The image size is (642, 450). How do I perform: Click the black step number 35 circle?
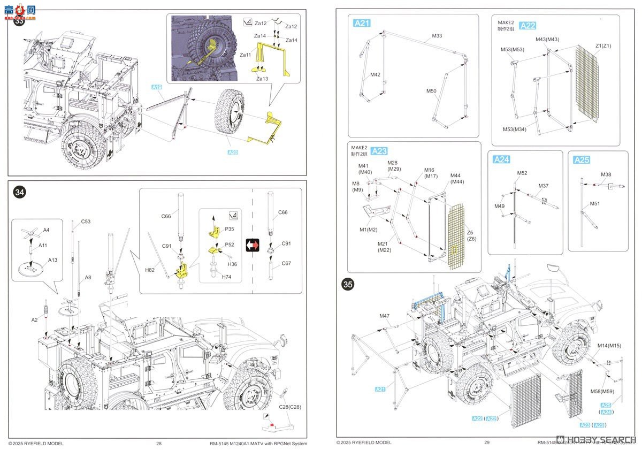click(x=348, y=285)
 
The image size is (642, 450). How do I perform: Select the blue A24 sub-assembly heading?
click(x=502, y=159)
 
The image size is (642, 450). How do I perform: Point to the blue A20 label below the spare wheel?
click(x=232, y=152)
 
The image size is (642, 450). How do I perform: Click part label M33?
click(x=437, y=36)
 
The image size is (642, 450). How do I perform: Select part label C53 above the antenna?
click(x=86, y=222)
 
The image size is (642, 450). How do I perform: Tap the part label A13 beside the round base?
click(x=52, y=260)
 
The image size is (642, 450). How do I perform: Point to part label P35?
click(x=230, y=228)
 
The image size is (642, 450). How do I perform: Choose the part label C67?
click(x=286, y=263)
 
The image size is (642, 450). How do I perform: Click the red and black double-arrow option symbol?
click(x=252, y=245)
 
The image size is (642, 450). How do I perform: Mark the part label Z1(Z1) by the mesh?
click(x=603, y=45)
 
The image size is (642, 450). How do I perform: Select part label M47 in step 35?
click(x=385, y=316)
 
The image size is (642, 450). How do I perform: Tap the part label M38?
click(x=606, y=174)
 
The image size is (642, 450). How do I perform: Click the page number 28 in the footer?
click(x=159, y=443)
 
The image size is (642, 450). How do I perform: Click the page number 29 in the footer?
click(x=486, y=443)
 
